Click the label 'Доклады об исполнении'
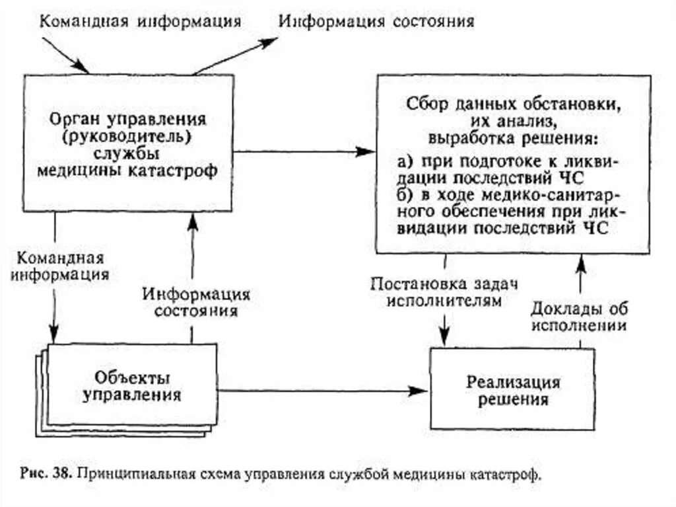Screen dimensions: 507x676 click(x=580, y=317)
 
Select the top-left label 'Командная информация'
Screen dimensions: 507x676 click(x=140, y=20)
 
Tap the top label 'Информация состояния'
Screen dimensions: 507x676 click(x=376, y=20)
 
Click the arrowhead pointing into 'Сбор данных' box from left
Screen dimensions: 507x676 click(x=367, y=151)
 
